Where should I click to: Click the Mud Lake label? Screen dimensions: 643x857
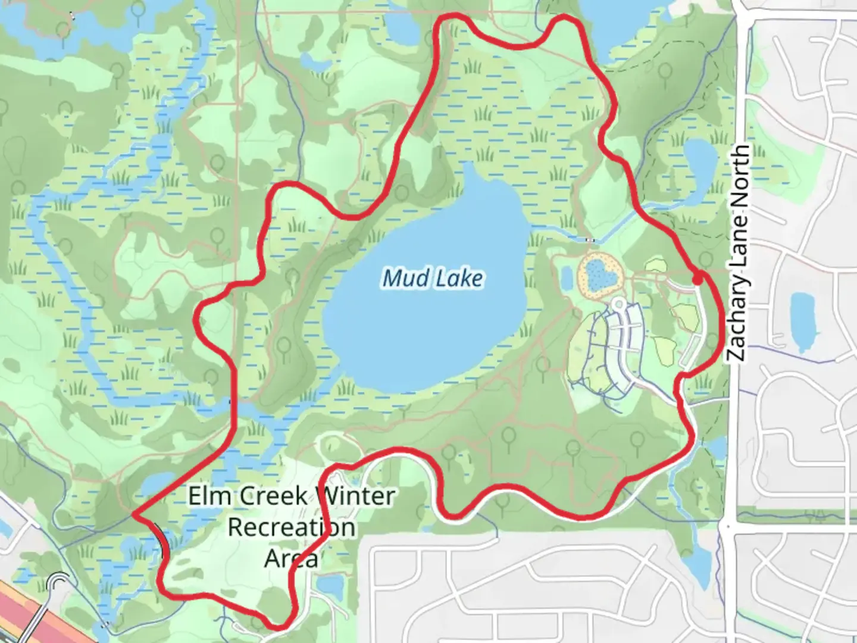point(433,278)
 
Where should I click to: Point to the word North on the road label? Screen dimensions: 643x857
point(739,173)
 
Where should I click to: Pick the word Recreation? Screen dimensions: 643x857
point(292,527)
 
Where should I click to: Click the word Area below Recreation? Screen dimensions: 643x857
point(291,559)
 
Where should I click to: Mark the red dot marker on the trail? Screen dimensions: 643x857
point(697,277)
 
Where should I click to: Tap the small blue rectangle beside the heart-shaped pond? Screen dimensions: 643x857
point(566,276)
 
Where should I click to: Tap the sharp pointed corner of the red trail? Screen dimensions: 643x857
point(134,514)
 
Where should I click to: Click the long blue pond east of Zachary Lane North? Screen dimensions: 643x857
point(801,321)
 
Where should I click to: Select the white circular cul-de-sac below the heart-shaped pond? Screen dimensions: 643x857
point(618,305)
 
